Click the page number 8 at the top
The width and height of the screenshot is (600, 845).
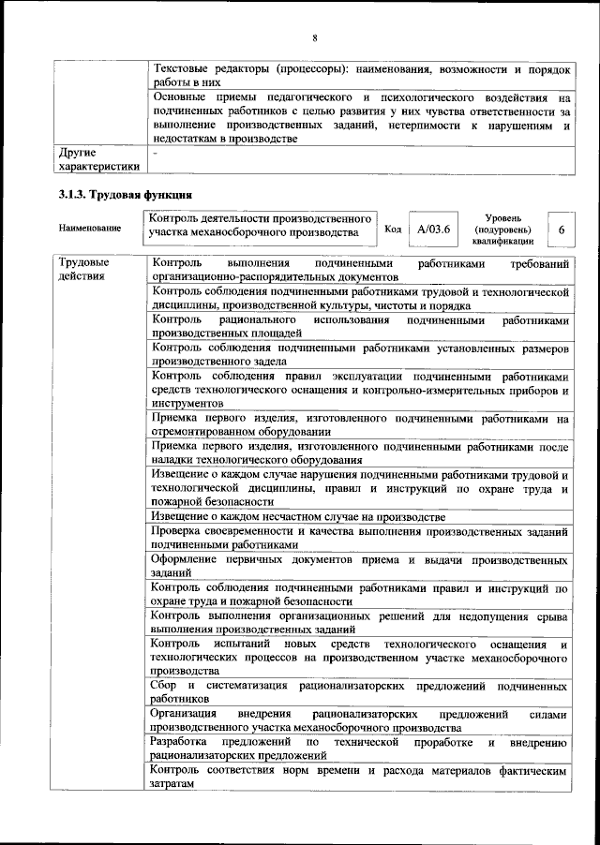315,37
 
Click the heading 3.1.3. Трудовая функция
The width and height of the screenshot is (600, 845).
125,195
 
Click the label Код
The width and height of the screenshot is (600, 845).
394,229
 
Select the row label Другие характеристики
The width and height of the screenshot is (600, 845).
98,158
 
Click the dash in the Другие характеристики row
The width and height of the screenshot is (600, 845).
155,151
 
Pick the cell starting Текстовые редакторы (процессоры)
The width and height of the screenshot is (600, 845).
360,76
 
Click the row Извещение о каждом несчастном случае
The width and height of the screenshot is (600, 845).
360,517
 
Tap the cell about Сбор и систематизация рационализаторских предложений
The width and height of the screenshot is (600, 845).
360,692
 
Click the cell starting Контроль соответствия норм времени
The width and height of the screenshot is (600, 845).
360,777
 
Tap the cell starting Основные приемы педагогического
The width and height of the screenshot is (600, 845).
360,117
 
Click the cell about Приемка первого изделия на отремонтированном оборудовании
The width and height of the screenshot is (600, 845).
360,425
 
